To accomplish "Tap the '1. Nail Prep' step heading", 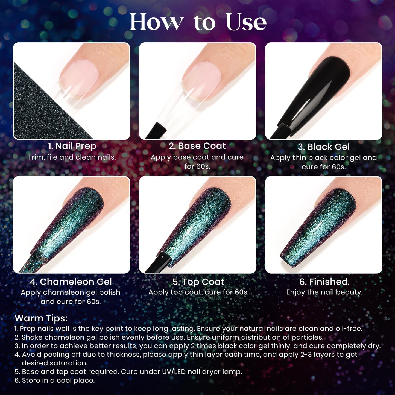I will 72,146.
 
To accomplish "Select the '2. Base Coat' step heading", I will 197,146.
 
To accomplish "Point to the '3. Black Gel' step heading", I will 324,147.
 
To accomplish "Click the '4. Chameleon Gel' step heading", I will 71,282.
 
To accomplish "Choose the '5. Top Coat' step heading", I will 198,282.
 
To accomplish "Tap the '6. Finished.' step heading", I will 324,282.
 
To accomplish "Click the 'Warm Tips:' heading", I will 41,318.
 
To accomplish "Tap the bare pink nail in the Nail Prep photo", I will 79,79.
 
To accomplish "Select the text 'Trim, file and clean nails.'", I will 72,157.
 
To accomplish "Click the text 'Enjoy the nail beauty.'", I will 324,292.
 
